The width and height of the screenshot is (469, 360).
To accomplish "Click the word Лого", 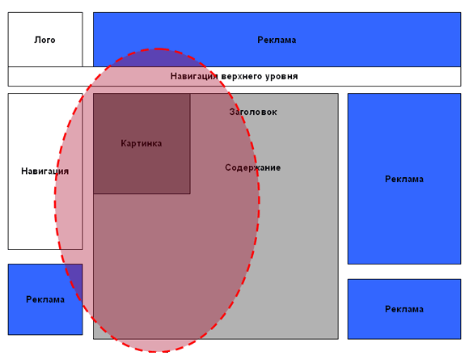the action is coord(44,40).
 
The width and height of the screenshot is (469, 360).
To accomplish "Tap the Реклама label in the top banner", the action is coord(277,40).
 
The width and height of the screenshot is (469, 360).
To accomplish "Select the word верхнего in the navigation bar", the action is coord(242,76).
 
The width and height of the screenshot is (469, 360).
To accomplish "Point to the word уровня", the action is coord(281,76).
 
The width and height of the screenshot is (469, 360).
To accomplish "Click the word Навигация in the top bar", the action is coord(194,76).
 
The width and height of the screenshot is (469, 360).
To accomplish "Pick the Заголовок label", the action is coord(253,112).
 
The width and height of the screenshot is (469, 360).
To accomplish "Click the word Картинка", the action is coord(142,143).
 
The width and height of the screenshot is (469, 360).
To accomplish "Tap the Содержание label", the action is coord(253,167).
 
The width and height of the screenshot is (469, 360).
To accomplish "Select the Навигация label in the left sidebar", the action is coord(44,172).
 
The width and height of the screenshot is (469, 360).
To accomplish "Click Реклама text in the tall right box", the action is coord(404,179).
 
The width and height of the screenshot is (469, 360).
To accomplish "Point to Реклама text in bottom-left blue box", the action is coord(45,299).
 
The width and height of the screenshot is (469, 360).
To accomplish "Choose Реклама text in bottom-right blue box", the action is coord(404,309).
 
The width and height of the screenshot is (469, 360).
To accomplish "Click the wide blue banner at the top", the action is coord(277,40).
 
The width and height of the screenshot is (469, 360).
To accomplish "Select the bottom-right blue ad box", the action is coord(404,309).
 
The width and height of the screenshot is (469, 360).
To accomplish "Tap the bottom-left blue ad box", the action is coord(45,299).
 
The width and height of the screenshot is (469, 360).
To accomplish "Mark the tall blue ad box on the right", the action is coord(404,179).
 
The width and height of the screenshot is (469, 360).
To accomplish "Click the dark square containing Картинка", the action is coord(142,144).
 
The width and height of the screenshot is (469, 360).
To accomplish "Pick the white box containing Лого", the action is coord(45,40).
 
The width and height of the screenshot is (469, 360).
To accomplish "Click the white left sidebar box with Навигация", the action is coord(45,172).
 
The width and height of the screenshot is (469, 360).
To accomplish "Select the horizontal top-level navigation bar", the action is coord(234,77).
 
